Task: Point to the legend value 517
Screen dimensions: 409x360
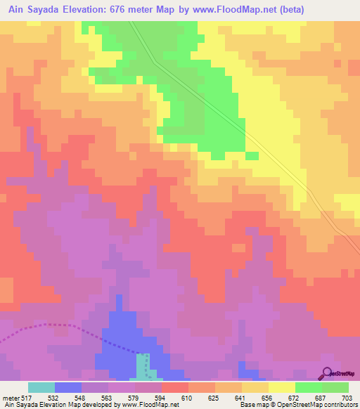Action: click(27, 397)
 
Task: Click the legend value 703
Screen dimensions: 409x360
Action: click(347, 397)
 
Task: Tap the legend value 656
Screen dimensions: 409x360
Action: click(268, 397)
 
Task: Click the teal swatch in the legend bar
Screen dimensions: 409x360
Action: click(41, 387)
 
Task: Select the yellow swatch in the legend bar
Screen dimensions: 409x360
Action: click(281, 387)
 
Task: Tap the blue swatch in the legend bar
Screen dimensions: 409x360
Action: click(67, 387)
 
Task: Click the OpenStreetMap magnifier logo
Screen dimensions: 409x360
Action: click(326, 372)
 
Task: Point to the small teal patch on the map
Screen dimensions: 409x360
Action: click(143, 365)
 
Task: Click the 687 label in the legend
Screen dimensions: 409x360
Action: click(321, 397)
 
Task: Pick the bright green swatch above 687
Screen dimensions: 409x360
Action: click(308, 387)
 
